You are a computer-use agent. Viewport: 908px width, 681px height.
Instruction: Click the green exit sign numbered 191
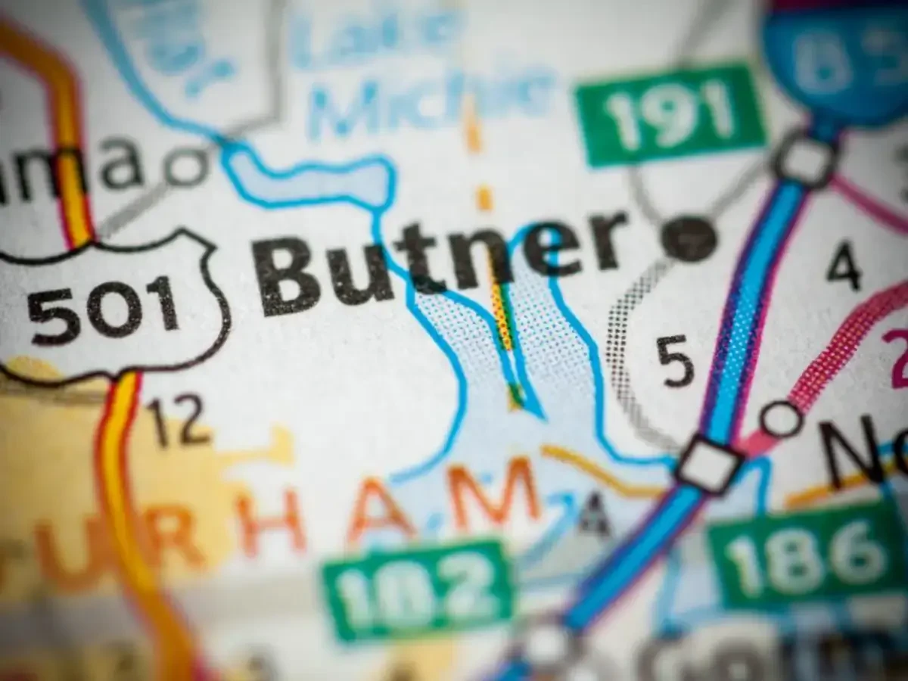click(670, 113)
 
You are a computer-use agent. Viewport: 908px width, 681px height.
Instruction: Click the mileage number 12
click(179, 421)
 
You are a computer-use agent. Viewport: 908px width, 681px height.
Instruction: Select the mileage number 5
click(675, 360)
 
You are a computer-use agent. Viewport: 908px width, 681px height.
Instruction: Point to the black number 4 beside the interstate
click(844, 265)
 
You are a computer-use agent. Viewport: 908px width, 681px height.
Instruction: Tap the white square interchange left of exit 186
click(709, 463)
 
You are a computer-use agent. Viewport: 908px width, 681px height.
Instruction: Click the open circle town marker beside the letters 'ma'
click(185, 166)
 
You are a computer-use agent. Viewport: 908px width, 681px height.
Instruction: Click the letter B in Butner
click(291, 276)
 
